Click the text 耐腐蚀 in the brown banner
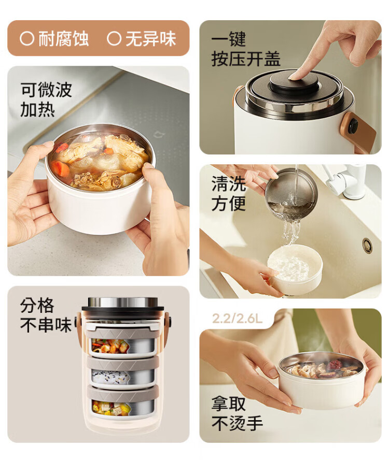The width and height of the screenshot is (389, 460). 63,38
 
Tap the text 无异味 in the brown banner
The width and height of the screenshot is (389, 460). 151,38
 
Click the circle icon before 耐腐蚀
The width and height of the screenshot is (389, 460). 27,38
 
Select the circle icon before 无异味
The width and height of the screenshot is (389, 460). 114,38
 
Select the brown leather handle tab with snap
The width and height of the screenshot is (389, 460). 359,131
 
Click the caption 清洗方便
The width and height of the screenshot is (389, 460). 229,193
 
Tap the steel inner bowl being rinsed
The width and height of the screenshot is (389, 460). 291,194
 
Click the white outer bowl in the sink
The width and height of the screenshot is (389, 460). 295,269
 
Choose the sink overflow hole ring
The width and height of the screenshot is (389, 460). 367,246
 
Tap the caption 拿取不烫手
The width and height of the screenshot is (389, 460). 237,414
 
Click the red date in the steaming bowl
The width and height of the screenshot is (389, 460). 335,365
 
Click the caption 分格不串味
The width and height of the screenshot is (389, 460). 46,315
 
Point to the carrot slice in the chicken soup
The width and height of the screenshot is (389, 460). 60,169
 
